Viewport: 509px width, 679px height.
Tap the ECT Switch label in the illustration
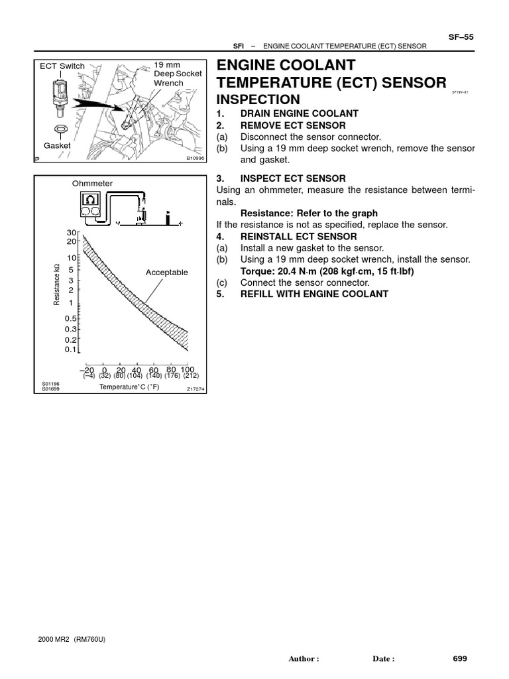(62, 66)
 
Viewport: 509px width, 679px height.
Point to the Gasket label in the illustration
(57, 145)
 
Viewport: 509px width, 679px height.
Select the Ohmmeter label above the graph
(93, 183)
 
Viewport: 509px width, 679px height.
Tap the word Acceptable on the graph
(167, 273)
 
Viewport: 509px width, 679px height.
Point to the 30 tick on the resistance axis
(72, 233)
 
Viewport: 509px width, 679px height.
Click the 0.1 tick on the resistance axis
(71, 349)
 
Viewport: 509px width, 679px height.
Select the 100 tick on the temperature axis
(187, 369)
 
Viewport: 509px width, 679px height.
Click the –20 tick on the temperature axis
(87, 369)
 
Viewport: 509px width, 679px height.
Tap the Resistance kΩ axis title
(57, 285)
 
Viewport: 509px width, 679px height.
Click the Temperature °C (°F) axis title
(129, 387)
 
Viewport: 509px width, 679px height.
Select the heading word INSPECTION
(258, 99)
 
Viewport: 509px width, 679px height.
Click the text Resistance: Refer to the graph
(309, 214)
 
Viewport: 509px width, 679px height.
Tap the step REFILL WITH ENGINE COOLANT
(314, 294)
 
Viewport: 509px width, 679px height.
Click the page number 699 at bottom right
(460, 658)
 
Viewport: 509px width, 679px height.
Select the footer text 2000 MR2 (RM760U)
(68, 639)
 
